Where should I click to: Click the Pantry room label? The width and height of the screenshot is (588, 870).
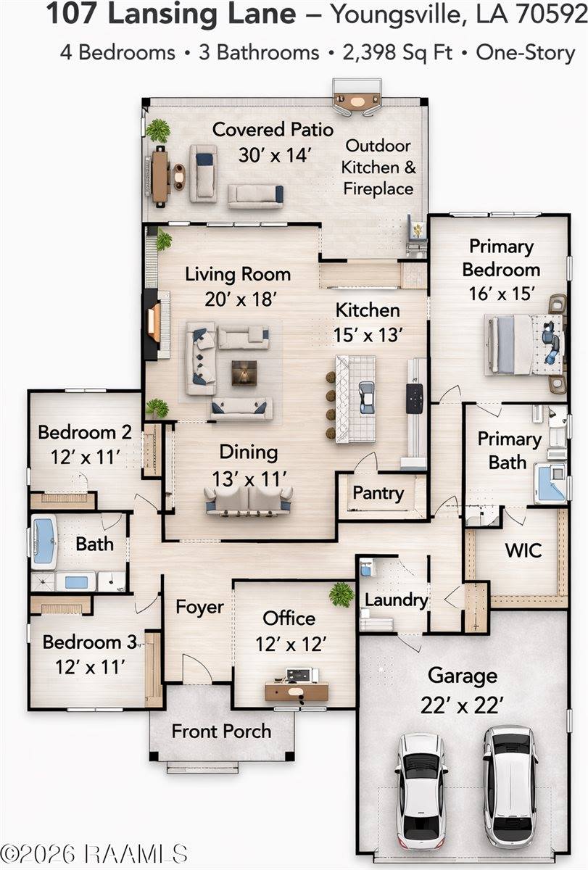click(x=378, y=494)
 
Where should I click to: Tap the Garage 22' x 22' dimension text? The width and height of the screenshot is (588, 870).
click(x=462, y=705)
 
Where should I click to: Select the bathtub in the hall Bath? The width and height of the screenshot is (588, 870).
click(x=44, y=542)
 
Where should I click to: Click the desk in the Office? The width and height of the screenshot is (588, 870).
click(x=297, y=691)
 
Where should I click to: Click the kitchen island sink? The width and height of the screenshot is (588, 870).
click(x=367, y=397)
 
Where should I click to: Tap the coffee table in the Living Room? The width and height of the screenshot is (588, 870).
click(x=244, y=373)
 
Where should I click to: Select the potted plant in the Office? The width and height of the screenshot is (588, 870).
click(x=341, y=594)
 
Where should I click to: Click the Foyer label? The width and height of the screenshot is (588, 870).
click(x=199, y=607)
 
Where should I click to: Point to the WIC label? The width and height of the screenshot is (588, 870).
click(x=523, y=550)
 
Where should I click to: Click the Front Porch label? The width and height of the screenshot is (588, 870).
click(x=221, y=731)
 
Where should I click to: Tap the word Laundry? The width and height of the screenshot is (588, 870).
click(x=396, y=600)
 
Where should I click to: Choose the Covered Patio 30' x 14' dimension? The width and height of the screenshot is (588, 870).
click(x=275, y=155)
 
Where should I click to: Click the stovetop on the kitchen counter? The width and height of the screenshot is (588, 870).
click(x=415, y=398)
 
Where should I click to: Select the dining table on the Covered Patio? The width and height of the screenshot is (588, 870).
click(x=160, y=177)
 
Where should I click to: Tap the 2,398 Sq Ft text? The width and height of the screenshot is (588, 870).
click(x=397, y=53)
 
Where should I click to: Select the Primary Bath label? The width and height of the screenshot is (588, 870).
click(x=509, y=450)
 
